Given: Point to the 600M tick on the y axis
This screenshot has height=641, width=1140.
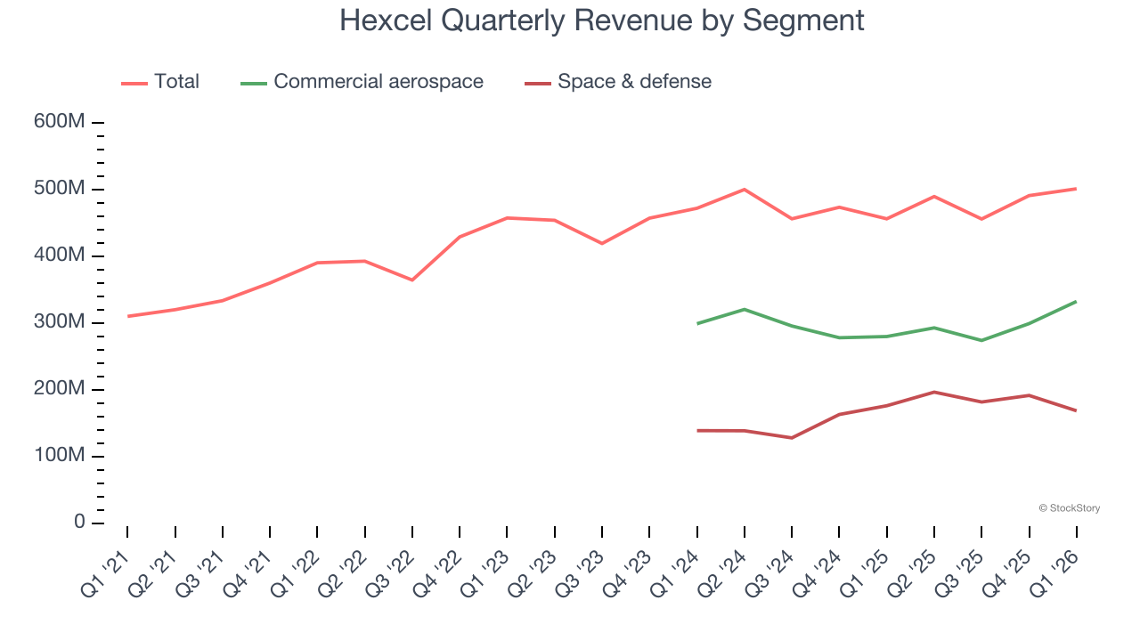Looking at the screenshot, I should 60,122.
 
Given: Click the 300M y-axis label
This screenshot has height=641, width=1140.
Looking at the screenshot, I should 60,322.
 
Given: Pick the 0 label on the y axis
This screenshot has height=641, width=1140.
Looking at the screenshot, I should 79,523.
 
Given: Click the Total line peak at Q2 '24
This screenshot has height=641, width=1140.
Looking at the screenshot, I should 744,190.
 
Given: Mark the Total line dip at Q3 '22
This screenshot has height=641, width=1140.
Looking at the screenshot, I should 411,280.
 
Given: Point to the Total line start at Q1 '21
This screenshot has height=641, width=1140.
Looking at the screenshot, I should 127,316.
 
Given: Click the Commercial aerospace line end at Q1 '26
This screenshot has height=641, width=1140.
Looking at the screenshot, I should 1076,302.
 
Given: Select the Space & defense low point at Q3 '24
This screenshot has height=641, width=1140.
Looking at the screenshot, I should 791,438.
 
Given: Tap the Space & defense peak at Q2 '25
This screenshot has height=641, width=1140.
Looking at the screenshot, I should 933,392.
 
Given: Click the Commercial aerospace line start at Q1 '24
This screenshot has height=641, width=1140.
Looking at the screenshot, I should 696,323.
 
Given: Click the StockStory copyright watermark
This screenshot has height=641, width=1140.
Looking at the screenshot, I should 1069,508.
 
